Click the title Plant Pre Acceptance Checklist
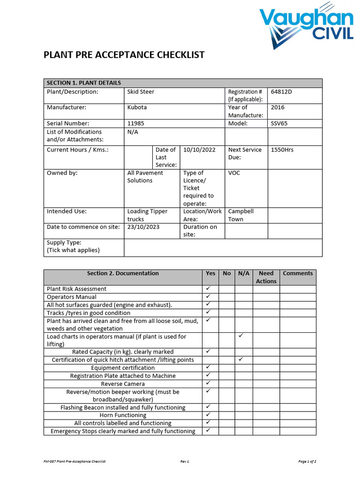[124, 55]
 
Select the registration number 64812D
[281, 91]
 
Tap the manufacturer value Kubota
[137, 107]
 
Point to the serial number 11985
[135, 123]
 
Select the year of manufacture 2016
[277, 107]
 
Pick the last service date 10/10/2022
[199, 150]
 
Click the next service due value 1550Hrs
[282, 150]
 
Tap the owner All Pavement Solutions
[145, 177]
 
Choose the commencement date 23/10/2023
[143, 227]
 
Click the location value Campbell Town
[240, 215]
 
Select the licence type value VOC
[234, 173]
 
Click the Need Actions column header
[266, 277]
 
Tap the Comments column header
[298, 273]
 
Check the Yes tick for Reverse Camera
[209, 383]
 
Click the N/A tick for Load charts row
[240, 336]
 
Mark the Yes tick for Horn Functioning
[209, 415]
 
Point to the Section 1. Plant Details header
[84, 83]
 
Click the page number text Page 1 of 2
[307, 462]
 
